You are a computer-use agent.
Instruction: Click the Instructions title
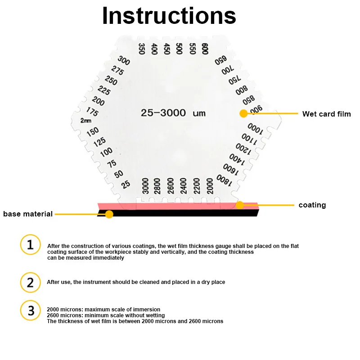click(x=169, y=16)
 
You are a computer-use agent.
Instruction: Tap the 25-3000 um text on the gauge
click(x=169, y=113)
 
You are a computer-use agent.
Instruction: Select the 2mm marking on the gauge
click(x=85, y=121)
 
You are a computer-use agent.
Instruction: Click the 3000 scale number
click(x=145, y=186)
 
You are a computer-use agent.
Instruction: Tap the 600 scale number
click(x=205, y=49)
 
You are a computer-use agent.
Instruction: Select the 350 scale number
click(x=142, y=49)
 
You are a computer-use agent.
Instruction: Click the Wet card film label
click(x=326, y=114)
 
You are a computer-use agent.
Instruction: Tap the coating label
click(x=312, y=205)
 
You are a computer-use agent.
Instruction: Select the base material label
click(x=28, y=214)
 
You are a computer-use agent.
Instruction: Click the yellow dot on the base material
click(x=109, y=214)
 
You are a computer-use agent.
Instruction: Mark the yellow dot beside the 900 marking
click(x=243, y=113)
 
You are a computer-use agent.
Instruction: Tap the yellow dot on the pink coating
click(x=240, y=205)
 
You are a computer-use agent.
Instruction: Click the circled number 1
click(x=30, y=245)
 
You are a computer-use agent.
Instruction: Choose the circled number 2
click(x=30, y=282)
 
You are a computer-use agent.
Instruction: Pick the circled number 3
click(x=30, y=311)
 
